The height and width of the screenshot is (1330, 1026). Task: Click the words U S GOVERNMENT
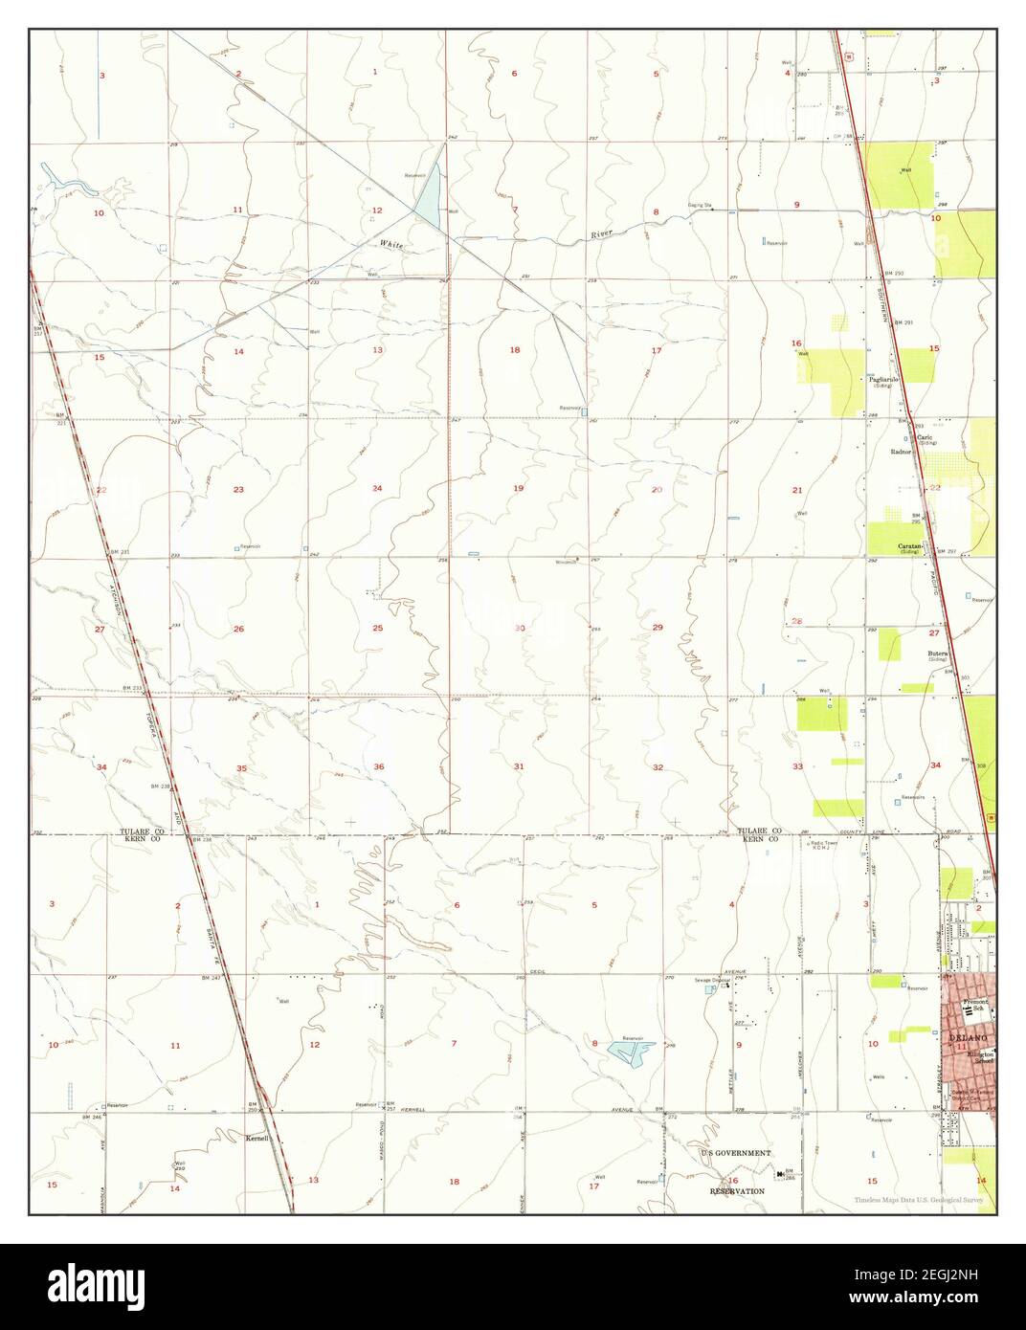[x=735, y=1154]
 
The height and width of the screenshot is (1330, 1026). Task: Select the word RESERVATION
[x=737, y=1191]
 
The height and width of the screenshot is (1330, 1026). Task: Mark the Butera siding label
[x=936, y=654]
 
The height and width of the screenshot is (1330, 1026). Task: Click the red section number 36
[x=379, y=766]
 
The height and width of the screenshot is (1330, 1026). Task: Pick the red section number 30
[x=520, y=628]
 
